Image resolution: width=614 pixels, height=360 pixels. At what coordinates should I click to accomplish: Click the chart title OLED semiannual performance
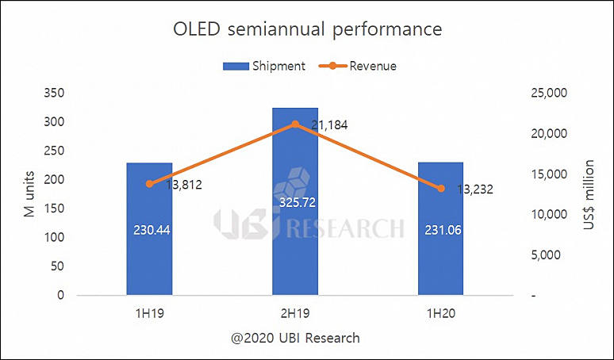click(x=307, y=30)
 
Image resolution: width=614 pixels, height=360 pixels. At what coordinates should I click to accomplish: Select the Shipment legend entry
click(x=267, y=67)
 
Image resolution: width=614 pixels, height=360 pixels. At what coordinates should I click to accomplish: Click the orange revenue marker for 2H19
click(x=295, y=124)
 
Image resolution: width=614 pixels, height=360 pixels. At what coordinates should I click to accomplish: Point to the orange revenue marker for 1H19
click(x=149, y=184)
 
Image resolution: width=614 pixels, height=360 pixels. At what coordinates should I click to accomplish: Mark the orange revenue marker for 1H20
click(x=441, y=189)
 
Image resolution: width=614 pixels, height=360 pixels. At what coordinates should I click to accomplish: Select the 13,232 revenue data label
click(x=478, y=190)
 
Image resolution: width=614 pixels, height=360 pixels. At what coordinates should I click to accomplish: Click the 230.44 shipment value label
click(x=149, y=230)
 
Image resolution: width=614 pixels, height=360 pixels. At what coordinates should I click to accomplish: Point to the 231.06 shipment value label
click(x=441, y=230)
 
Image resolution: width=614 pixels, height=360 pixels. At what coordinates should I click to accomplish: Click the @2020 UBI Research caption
click(x=295, y=339)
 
